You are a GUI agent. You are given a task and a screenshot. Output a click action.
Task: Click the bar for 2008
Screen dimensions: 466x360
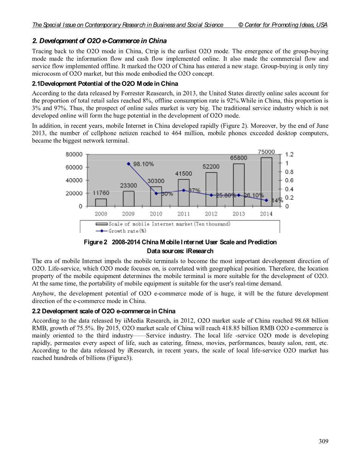point(101,202)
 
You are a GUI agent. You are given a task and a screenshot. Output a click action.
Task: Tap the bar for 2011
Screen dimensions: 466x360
point(184,193)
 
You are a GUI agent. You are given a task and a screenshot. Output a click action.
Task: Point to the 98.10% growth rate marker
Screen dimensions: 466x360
point(129,164)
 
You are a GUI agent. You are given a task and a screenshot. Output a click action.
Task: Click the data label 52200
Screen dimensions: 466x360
point(211,166)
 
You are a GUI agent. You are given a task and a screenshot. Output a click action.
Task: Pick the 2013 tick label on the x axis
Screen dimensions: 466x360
point(239,214)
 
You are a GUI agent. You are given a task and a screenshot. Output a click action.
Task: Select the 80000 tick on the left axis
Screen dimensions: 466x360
point(74,154)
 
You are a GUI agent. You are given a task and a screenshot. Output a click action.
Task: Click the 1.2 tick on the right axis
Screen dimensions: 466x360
point(289,154)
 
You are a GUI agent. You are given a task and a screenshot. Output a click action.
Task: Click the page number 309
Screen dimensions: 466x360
point(323,441)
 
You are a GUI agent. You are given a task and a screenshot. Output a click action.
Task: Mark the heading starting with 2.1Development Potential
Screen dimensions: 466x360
point(105,84)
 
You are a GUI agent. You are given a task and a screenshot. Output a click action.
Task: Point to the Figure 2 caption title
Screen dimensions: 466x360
point(180,242)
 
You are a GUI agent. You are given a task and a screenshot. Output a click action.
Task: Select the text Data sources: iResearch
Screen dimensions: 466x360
point(180,251)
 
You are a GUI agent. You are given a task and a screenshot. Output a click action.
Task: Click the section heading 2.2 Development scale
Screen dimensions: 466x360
point(104,311)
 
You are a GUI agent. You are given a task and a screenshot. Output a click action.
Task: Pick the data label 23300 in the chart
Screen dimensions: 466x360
point(129,185)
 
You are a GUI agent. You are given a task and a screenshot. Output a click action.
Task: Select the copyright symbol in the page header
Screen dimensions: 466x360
point(241,25)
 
